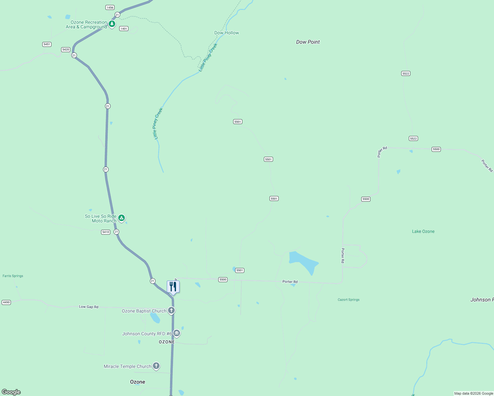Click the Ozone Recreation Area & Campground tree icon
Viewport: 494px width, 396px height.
pyautogui.click(x=112, y=24)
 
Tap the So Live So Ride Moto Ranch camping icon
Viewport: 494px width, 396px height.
pyautogui.click(x=122, y=218)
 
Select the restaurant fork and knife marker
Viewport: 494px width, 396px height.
pyautogui.click(x=173, y=286)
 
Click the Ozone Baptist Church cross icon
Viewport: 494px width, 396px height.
pyautogui.click(x=171, y=310)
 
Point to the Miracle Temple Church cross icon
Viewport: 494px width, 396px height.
pyautogui.click(x=156, y=366)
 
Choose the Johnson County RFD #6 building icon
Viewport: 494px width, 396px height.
pyautogui.click(x=177, y=333)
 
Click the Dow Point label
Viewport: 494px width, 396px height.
pyautogui.click(x=308, y=42)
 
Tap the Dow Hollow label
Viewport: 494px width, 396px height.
pyautogui.click(x=227, y=33)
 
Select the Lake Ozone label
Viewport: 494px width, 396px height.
pyautogui.click(x=423, y=231)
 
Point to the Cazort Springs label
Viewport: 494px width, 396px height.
pyautogui.click(x=348, y=300)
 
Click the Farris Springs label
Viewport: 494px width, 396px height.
pyautogui.click(x=13, y=276)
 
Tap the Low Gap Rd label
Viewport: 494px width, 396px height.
pyautogui.click(x=88, y=307)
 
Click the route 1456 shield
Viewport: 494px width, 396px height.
pyautogui.click(x=110, y=7)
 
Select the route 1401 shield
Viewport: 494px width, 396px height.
pyautogui.click(x=124, y=29)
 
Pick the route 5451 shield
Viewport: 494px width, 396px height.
pyautogui.click(x=47, y=44)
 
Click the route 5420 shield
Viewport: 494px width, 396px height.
pyautogui.click(x=66, y=49)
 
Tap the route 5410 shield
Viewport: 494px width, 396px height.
pyautogui.click(x=106, y=232)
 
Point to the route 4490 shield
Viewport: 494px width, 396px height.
pyautogui.click(x=6, y=302)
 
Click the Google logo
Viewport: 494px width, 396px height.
pyautogui.click(x=11, y=392)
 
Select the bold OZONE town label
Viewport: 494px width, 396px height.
pyautogui.click(x=167, y=342)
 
